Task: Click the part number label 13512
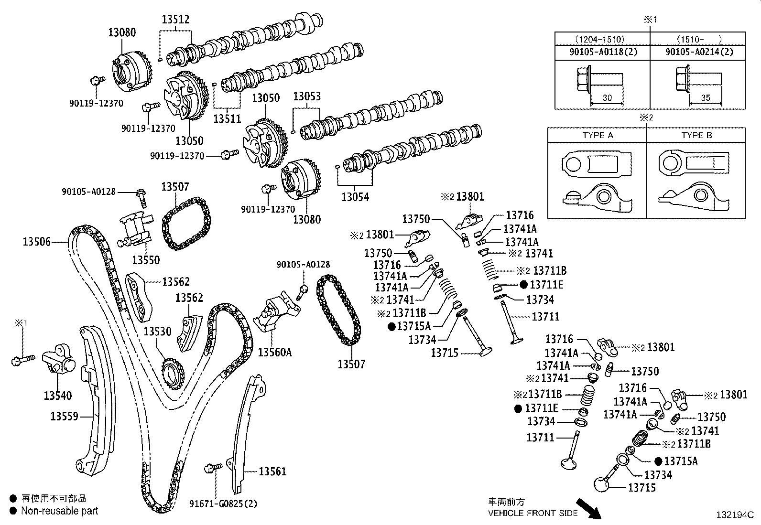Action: [x=175, y=20]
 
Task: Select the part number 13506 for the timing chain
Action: [x=37, y=242]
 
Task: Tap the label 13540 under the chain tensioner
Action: [x=58, y=396]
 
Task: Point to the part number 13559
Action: [x=65, y=417]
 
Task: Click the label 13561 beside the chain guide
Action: [x=273, y=471]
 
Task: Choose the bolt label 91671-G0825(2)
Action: [x=223, y=504]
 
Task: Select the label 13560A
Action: [x=275, y=353]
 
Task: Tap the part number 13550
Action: [x=146, y=260]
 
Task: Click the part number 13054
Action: [x=355, y=197]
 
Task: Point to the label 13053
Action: [x=307, y=96]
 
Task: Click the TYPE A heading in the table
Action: [x=598, y=135]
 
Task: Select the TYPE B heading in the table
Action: [x=696, y=135]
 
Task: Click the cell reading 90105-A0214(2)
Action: [x=699, y=52]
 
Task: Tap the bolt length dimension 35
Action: [x=706, y=98]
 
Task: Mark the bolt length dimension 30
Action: [x=607, y=98]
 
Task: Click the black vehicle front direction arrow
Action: [x=589, y=509]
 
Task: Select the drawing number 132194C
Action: [x=735, y=515]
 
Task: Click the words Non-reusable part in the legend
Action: [x=59, y=511]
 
